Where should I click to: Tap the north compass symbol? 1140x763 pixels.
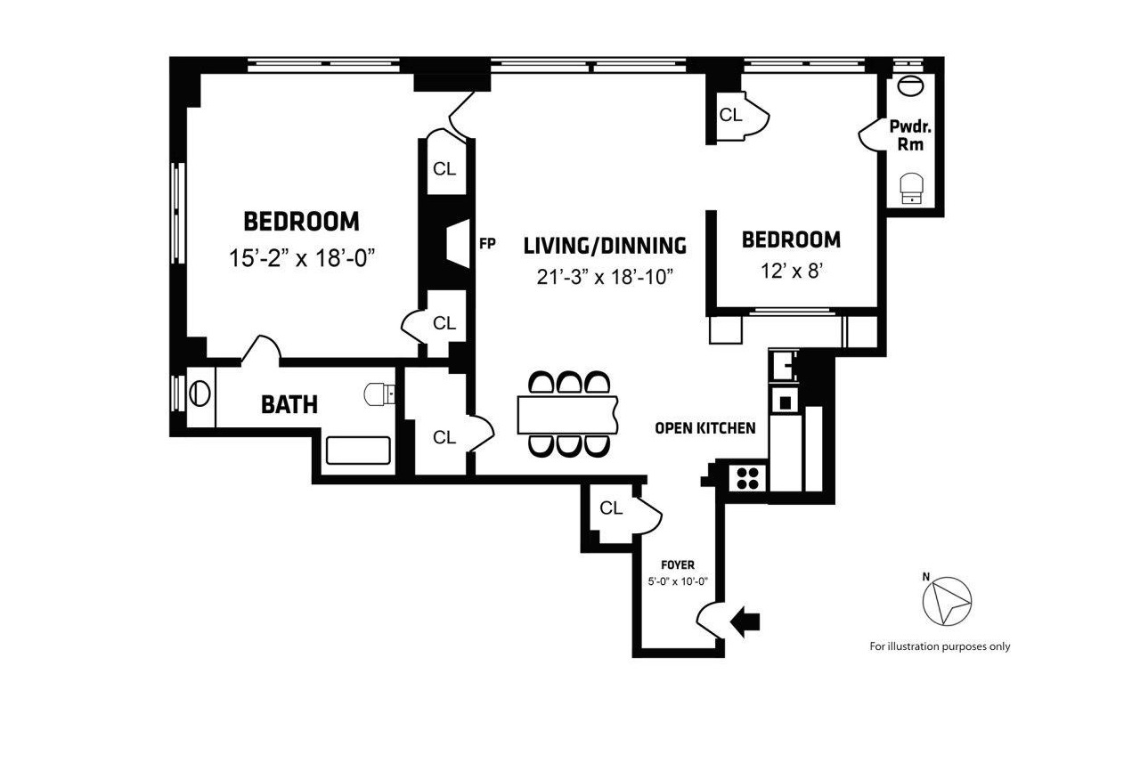(947, 601)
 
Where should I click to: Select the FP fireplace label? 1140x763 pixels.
(486, 242)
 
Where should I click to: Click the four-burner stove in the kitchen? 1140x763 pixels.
(747, 478)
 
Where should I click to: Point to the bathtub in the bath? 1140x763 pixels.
(358, 450)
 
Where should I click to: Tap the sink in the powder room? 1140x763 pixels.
(911, 87)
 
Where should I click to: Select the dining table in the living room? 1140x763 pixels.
(568, 415)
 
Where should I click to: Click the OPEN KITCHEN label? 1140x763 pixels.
(704, 428)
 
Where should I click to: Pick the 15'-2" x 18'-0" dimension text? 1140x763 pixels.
(301, 259)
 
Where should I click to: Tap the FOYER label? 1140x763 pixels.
(678, 564)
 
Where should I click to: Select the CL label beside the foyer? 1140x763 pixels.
(611, 508)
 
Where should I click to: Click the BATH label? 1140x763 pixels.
(289, 405)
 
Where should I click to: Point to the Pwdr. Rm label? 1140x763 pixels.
(910, 135)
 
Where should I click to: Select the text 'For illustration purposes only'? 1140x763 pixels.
(940, 647)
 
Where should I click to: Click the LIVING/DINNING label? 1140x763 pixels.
(605, 245)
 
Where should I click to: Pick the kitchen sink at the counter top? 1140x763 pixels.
(783, 365)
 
